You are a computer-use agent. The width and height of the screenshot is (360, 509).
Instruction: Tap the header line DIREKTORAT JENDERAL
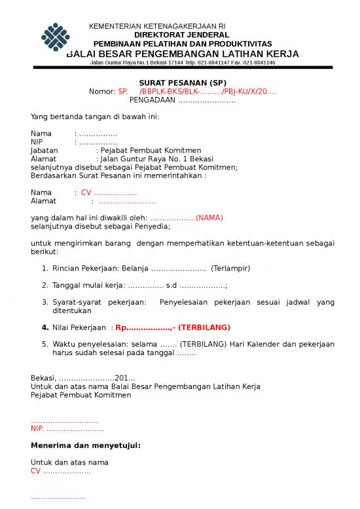tap(181, 35)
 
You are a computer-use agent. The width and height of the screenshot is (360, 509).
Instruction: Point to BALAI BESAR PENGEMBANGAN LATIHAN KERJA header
tap(183, 53)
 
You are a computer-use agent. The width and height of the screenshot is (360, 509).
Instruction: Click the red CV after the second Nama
tap(86, 193)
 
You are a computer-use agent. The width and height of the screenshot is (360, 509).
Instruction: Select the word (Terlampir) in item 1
tap(230, 269)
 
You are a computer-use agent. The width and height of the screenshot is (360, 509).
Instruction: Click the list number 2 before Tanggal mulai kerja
tap(45, 286)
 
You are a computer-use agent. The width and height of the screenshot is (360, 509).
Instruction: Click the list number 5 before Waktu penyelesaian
tap(45, 344)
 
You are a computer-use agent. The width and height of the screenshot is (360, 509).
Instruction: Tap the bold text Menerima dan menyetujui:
tap(86, 446)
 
